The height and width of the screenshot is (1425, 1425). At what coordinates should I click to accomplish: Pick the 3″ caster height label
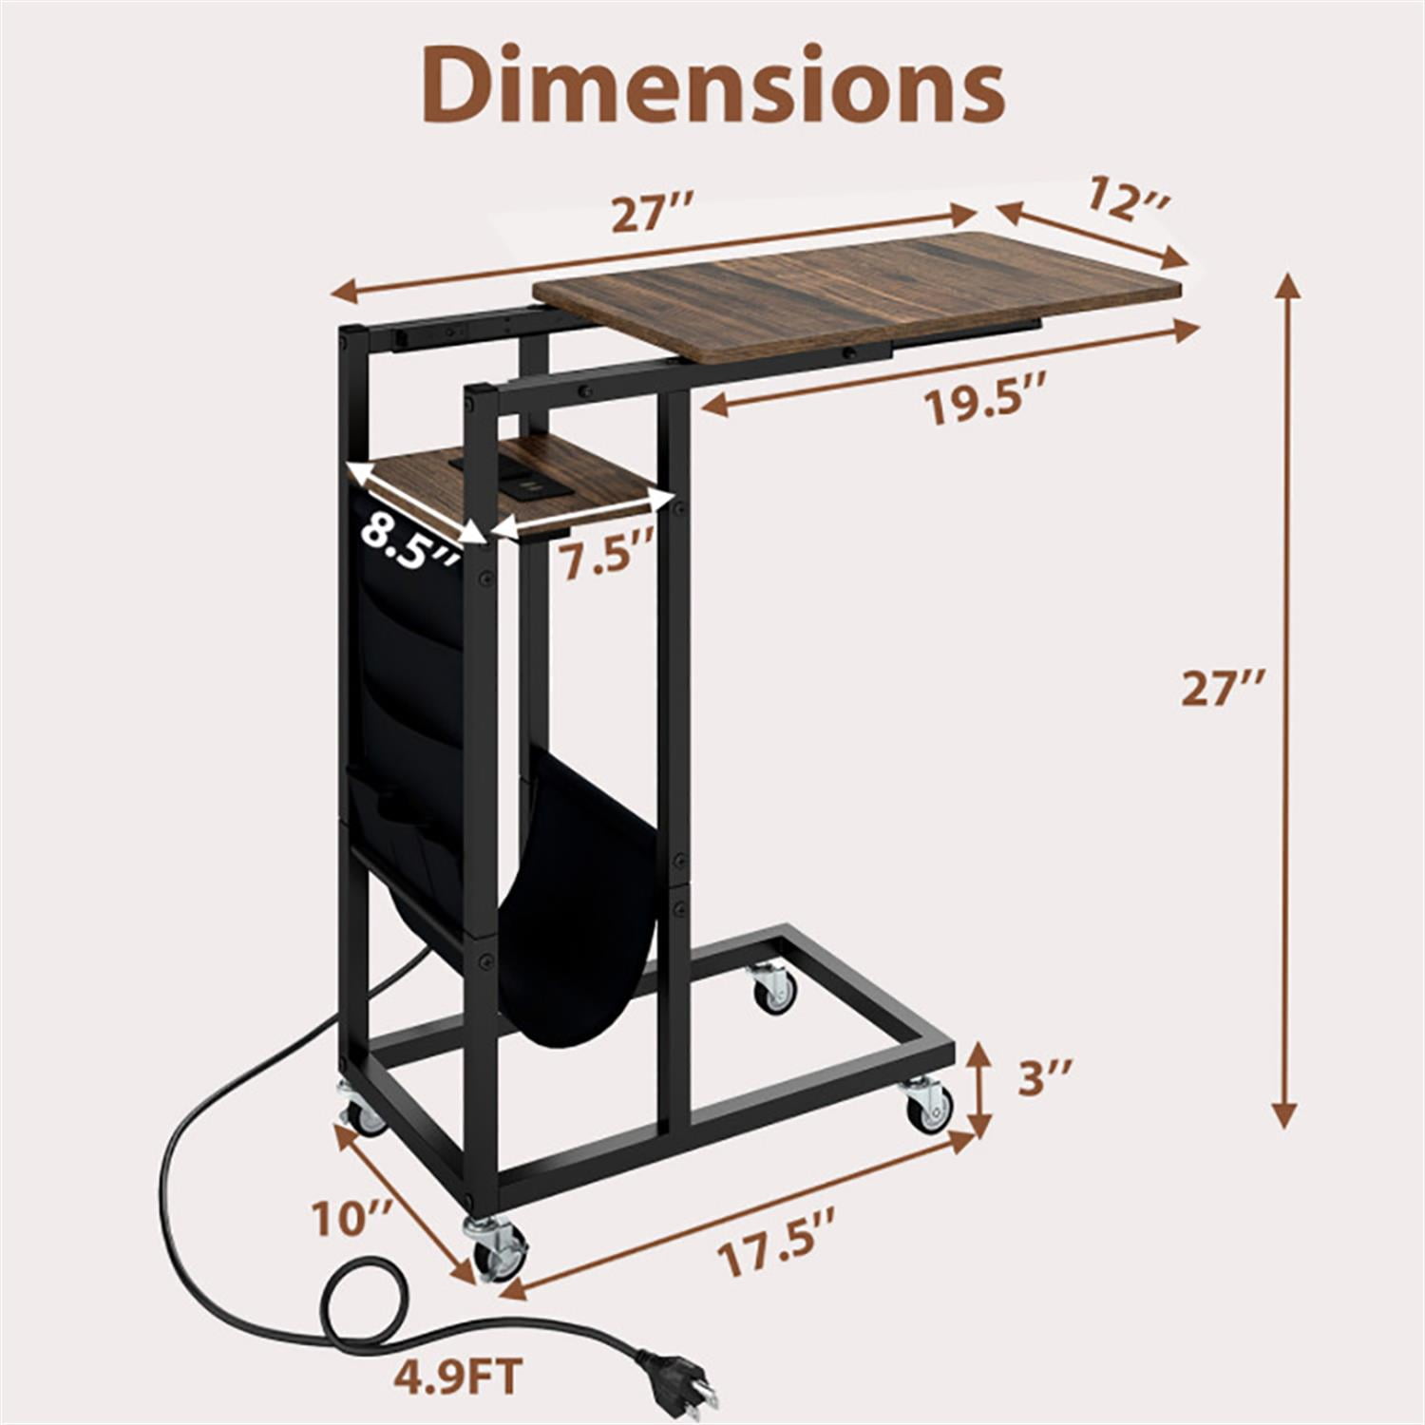pos(1046,1080)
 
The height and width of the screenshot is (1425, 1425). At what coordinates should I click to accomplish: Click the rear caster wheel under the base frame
pos(773,988)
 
